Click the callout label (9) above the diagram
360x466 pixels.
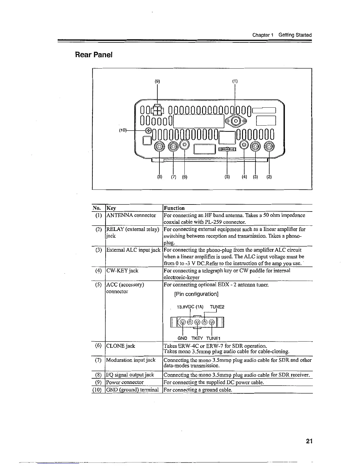[x=157, y=81]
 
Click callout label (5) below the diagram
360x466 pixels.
[x=227, y=177]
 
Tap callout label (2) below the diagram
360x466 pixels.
[x=269, y=177]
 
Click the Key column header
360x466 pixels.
[x=111, y=208]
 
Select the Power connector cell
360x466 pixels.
[x=125, y=382]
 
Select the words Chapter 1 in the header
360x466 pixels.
[x=263, y=35]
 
